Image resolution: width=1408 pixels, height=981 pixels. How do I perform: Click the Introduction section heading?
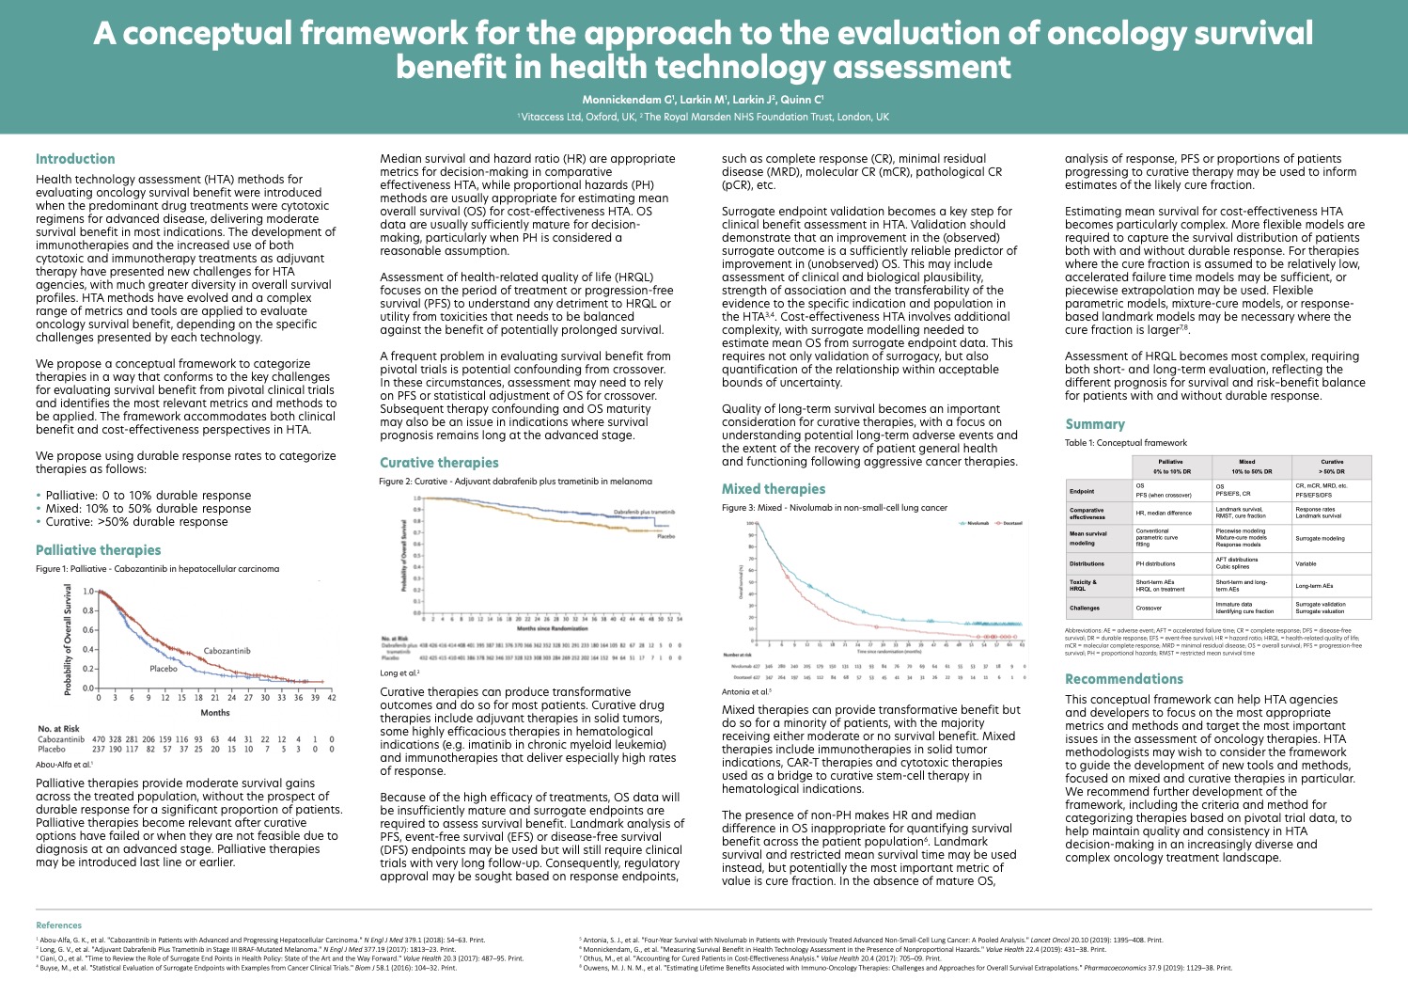click(75, 159)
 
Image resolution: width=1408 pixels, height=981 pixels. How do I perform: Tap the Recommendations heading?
click(1124, 679)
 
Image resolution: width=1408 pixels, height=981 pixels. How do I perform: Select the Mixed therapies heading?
click(774, 489)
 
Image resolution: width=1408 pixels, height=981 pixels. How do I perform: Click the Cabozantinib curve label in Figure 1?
click(227, 651)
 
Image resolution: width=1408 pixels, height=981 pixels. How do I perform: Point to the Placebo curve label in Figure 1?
click(164, 669)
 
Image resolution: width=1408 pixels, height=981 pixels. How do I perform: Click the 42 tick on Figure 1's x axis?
click(332, 697)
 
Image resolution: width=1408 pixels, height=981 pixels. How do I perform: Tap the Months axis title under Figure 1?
click(215, 713)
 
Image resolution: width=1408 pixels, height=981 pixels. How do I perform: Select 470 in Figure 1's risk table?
click(99, 739)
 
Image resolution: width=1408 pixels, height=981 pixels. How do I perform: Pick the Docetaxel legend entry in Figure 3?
click(1011, 523)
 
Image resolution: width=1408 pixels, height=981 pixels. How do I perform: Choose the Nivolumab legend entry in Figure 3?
click(976, 523)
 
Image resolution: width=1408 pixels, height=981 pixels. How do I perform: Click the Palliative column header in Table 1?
click(1171, 467)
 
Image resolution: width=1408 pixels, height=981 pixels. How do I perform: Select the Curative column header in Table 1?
click(1332, 467)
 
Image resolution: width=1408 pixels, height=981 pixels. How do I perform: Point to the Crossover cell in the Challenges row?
click(1149, 608)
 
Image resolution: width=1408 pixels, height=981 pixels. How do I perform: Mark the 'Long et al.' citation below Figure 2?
click(399, 673)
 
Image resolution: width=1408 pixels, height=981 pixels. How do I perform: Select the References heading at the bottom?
click(58, 926)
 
